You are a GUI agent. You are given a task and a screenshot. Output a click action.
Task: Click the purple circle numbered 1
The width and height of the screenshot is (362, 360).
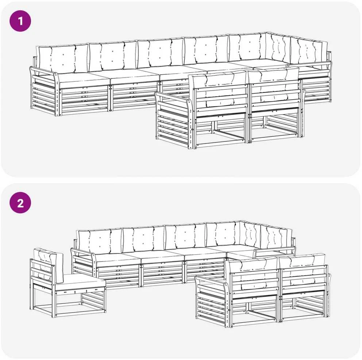[x=20, y=21]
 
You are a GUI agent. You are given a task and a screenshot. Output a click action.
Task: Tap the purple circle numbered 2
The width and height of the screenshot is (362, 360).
[x=20, y=203]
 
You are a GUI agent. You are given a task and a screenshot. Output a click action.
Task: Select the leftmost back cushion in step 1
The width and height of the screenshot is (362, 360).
[x=63, y=58]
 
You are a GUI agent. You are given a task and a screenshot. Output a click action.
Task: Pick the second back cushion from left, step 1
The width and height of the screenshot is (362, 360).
[x=113, y=56]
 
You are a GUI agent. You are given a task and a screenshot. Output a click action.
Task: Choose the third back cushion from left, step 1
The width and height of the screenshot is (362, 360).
[x=160, y=53]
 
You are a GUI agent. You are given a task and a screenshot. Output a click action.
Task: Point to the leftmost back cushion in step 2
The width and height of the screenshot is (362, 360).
[x=100, y=241]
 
